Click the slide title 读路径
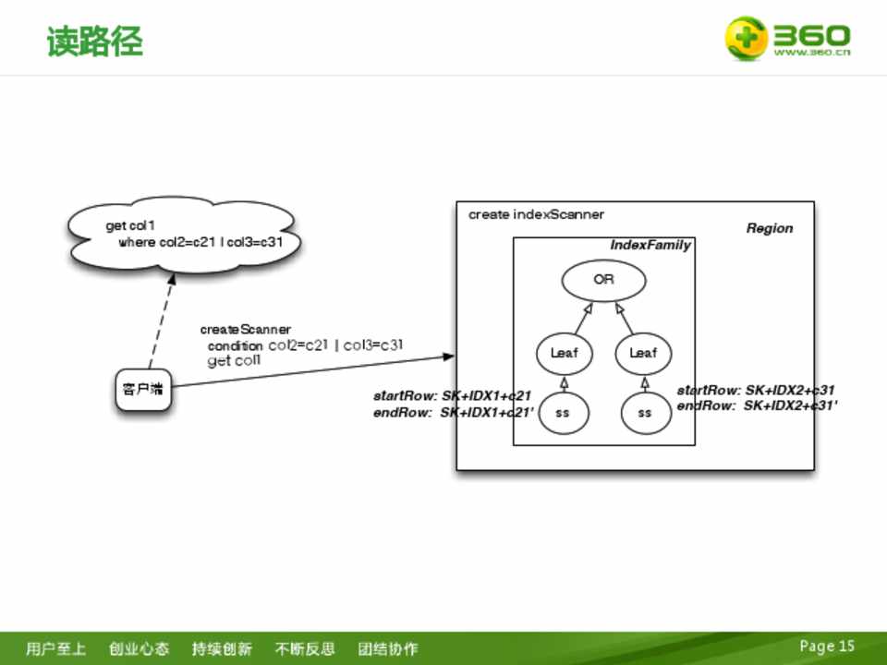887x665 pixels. pyautogui.click(x=95, y=42)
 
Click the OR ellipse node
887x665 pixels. pyautogui.click(x=603, y=280)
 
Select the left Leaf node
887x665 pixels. pyautogui.click(x=564, y=353)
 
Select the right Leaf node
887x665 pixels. pyautogui.click(x=643, y=353)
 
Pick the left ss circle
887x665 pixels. pyautogui.click(x=562, y=413)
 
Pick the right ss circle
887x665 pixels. pyautogui.click(x=644, y=413)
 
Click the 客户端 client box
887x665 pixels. pyautogui.click(x=143, y=389)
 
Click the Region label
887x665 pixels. pyautogui.click(x=769, y=229)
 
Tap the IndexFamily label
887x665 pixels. pyautogui.click(x=650, y=246)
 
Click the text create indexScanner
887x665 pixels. pyautogui.click(x=536, y=215)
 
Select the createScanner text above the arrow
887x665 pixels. pyautogui.click(x=246, y=330)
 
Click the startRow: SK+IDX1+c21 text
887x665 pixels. pyautogui.click(x=452, y=396)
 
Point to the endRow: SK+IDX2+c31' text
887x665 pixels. pyautogui.click(x=757, y=405)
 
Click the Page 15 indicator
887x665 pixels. pyautogui.click(x=827, y=647)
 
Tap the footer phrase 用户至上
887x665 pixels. pyautogui.click(x=56, y=648)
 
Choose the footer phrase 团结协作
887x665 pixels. pyautogui.click(x=388, y=648)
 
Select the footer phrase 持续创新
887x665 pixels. pyautogui.click(x=222, y=648)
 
